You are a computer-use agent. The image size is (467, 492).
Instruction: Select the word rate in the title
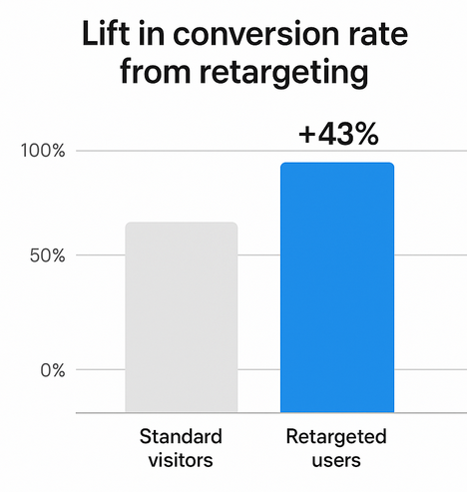pos(375,41)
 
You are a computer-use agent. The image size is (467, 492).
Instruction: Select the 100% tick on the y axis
pos(43,151)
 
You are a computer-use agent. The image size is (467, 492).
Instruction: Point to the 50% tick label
pos(47,255)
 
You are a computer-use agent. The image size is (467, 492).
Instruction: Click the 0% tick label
pos(52,369)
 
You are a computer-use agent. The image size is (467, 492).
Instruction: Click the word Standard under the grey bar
pos(181,437)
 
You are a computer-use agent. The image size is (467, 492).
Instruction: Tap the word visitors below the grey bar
pos(181,460)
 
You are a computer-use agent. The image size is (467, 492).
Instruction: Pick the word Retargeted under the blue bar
pos(336,437)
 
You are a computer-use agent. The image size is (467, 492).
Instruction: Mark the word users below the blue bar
pos(336,460)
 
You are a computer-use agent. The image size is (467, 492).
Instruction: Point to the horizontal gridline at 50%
pos(100,255)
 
